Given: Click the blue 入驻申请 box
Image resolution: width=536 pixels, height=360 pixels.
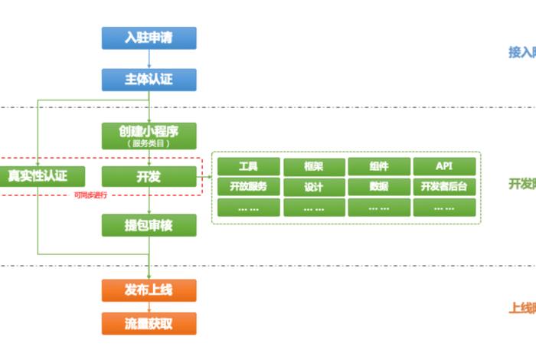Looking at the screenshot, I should [x=149, y=38].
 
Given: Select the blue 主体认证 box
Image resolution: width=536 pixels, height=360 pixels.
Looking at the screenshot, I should [x=149, y=79].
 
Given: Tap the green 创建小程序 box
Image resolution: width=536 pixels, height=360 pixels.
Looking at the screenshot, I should [x=149, y=133].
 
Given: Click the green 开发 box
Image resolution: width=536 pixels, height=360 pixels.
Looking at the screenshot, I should [x=149, y=177].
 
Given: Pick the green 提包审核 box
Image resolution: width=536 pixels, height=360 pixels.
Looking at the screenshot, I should [x=149, y=224].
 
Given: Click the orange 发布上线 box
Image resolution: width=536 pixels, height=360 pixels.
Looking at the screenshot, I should [x=149, y=290].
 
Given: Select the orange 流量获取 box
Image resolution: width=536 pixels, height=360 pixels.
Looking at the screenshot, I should [x=149, y=323].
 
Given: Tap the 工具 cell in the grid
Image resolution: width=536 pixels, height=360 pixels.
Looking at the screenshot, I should [x=248, y=166].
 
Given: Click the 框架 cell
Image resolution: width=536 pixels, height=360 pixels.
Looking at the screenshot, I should [x=314, y=166].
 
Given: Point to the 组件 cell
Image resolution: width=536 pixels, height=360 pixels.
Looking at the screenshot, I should [x=379, y=166].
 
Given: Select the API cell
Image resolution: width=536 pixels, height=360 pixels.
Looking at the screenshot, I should [x=445, y=166].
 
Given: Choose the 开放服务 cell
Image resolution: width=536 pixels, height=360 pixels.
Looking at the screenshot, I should [x=248, y=187].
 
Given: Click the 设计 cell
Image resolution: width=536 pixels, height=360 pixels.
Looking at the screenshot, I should [x=314, y=187].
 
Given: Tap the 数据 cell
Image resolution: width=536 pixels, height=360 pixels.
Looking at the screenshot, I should [x=379, y=187].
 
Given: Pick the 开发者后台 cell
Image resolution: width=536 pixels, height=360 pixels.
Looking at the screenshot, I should [x=445, y=187].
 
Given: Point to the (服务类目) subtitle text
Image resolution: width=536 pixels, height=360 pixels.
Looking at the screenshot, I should [x=149, y=142].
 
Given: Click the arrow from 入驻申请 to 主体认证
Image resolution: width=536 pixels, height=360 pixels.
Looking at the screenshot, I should [x=149, y=59].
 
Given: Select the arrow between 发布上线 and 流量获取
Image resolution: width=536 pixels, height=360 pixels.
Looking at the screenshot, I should [x=149, y=307].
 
